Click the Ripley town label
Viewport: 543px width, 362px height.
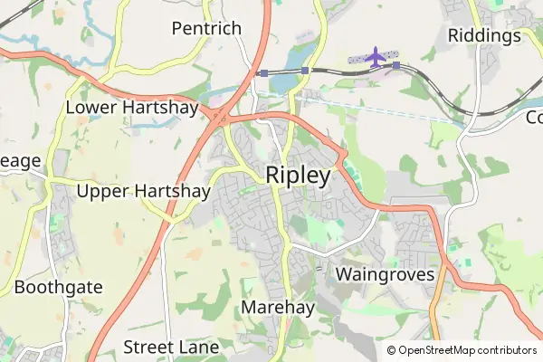point(298,176)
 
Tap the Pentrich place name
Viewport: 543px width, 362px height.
point(206,28)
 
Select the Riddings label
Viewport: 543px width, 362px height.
point(484,35)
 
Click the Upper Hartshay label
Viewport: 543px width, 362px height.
point(143,191)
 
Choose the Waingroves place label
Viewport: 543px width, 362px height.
point(385,273)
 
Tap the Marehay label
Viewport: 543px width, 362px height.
point(278,308)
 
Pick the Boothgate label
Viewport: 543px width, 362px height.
point(58,288)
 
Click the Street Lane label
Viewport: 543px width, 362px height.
point(171,348)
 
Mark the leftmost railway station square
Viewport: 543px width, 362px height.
point(262,72)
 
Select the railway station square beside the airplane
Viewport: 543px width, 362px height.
point(395,65)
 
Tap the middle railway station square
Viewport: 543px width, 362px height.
point(305,70)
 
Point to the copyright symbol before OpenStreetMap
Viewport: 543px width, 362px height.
point(392,350)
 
